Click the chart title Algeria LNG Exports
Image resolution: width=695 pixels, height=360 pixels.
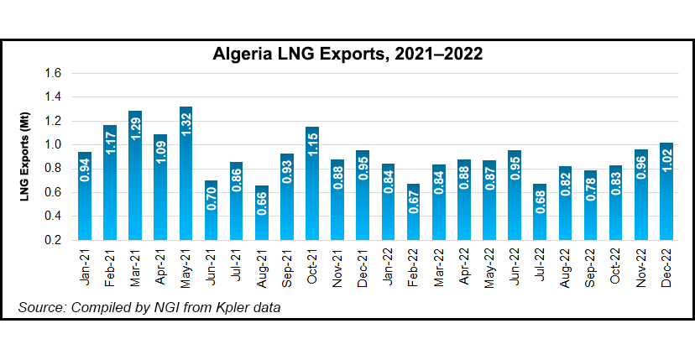[x=347, y=55]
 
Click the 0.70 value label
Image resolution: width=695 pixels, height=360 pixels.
[x=212, y=200]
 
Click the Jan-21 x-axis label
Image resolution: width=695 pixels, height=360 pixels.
[x=85, y=266]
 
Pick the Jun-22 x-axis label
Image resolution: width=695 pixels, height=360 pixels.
[x=514, y=266]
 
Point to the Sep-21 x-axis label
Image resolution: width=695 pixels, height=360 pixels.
[x=287, y=266]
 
